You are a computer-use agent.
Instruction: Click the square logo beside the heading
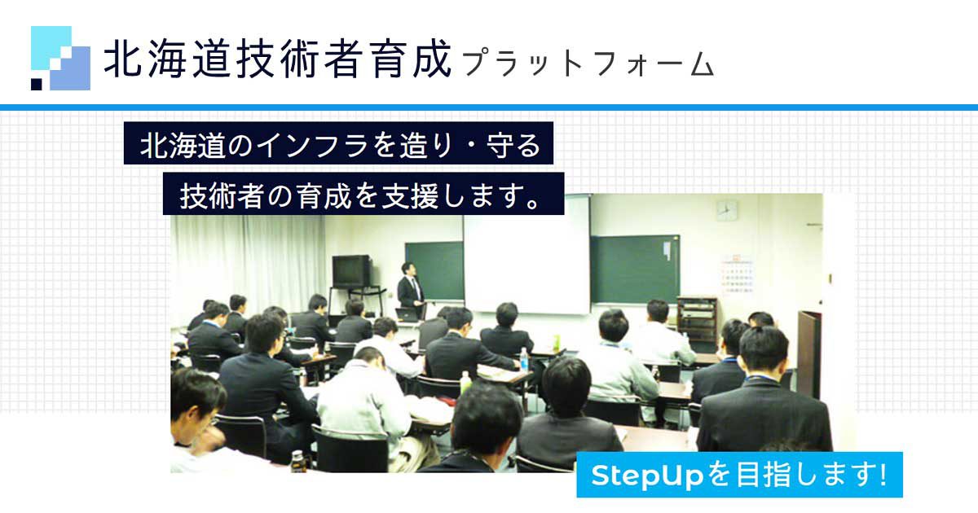[60, 58]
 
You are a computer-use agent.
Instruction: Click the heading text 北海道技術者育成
[277, 59]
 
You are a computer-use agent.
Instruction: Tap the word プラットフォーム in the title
[588, 64]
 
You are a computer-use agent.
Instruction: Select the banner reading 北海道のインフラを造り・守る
[338, 143]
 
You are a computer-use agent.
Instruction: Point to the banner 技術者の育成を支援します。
[363, 194]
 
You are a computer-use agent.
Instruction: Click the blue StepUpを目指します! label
[740, 475]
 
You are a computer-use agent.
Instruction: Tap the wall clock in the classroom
[727, 211]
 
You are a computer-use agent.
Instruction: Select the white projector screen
[527, 253]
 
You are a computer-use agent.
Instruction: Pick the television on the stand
[352, 271]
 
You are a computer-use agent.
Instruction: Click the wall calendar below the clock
[736, 275]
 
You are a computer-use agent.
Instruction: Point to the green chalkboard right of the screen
[635, 269]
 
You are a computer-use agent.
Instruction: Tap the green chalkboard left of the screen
[434, 271]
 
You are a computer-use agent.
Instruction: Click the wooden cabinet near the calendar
[697, 319]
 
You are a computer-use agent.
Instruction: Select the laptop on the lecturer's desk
[406, 314]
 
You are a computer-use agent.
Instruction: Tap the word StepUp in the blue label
[646, 475]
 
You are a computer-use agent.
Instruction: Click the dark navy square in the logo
[37, 84]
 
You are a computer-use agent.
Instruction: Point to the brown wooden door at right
[809, 353]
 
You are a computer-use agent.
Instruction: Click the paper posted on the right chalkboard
[667, 252]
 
